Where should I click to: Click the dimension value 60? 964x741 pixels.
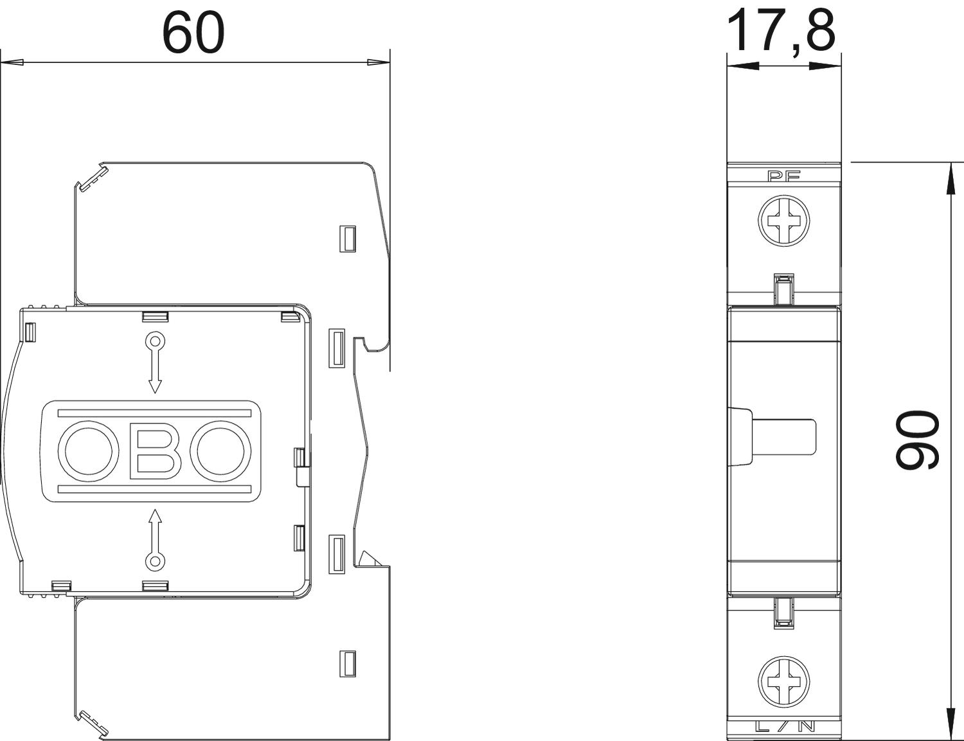[x=193, y=32]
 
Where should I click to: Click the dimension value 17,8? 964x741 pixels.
[x=781, y=30]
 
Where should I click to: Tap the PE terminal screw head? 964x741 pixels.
[x=784, y=221]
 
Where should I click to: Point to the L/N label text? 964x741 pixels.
[x=785, y=727]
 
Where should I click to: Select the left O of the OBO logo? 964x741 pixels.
[x=89, y=451]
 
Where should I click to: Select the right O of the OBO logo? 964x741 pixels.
[x=223, y=451]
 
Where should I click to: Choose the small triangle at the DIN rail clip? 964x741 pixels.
[x=369, y=557]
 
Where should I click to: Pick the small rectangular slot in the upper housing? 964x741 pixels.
[x=348, y=238]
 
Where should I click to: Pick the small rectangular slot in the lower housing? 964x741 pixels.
[x=348, y=663]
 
